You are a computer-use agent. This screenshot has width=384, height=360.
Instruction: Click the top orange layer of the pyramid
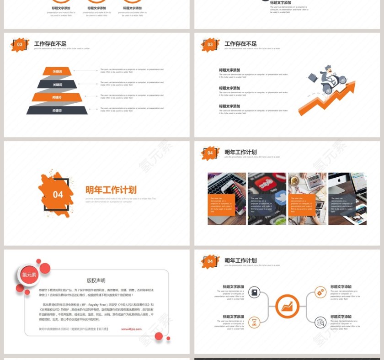(x=57, y=71)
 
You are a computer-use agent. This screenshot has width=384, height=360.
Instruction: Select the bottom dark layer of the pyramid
(x=57, y=110)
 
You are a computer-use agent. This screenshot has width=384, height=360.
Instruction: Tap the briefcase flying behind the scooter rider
(x=313, y=78)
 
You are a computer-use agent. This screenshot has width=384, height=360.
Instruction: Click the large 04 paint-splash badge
(x=57, y=194)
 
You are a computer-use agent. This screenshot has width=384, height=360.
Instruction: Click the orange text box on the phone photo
(x=222, y=205)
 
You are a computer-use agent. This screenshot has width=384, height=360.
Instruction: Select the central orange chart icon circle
(x=288, y=307)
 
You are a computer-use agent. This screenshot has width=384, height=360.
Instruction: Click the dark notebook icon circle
(x=254, y=292)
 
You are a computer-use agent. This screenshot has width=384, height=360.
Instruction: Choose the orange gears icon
(x=321, y=292)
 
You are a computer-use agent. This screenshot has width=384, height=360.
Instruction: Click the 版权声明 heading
(x=96, y=281)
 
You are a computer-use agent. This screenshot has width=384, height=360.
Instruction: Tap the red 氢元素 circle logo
(x=29, y=275)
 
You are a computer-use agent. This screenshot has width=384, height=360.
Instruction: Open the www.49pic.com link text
(x=131, y=329)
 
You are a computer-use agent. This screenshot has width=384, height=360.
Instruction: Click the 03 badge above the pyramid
(x=20, y=45)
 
